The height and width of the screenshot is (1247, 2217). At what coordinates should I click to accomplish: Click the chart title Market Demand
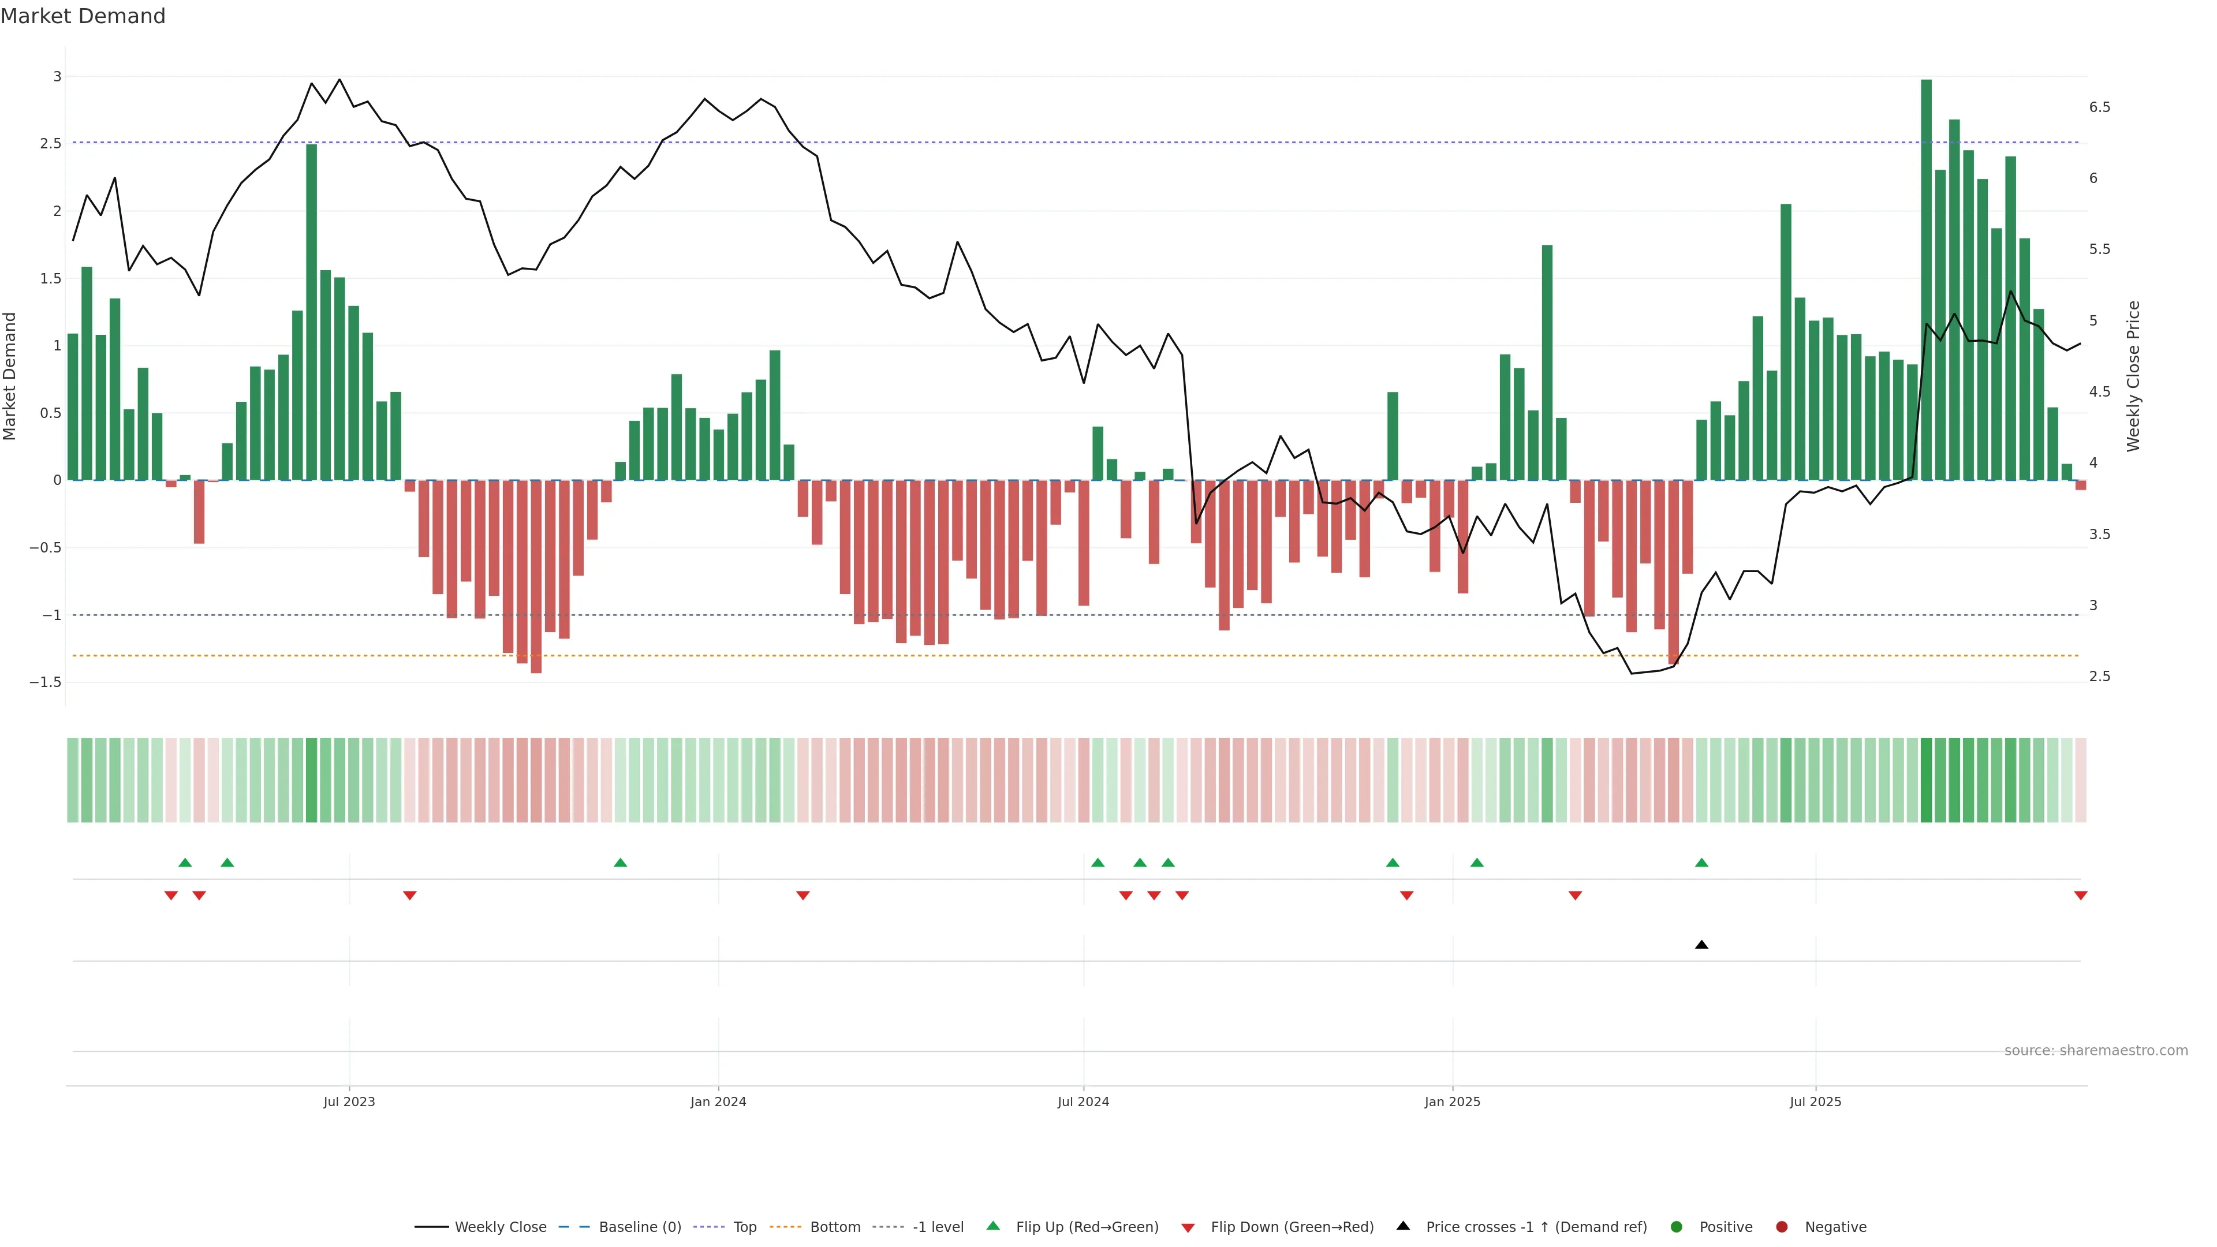83,16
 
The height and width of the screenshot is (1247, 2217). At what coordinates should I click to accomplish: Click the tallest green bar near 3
1926,279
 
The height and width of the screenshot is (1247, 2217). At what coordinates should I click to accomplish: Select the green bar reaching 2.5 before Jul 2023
312,312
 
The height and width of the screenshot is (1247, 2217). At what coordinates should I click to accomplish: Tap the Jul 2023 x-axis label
349,1102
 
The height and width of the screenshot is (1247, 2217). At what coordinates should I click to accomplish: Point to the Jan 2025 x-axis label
1452,1102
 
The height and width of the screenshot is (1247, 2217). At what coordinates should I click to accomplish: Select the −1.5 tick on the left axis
46,682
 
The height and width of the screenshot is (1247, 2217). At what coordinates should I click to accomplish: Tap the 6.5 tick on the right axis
2099,107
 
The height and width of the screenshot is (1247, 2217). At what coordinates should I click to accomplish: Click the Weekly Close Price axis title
2133,376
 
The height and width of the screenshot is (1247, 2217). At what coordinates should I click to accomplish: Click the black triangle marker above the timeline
1701,945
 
